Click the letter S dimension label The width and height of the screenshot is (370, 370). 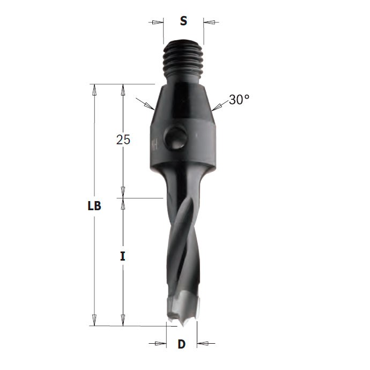tap(183, 21)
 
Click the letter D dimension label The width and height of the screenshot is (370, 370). tap(181, 344)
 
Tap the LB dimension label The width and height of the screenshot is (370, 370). tap(94, 206)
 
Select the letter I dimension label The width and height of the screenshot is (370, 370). tap(122, 256)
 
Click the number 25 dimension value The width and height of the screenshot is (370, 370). tap(123, 139)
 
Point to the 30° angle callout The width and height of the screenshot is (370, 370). tap(239, 99)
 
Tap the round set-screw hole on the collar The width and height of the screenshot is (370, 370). tap(176, 138)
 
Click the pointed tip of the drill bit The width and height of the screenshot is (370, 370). tap(183, 325)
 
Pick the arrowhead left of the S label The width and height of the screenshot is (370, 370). tap(158, 23)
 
